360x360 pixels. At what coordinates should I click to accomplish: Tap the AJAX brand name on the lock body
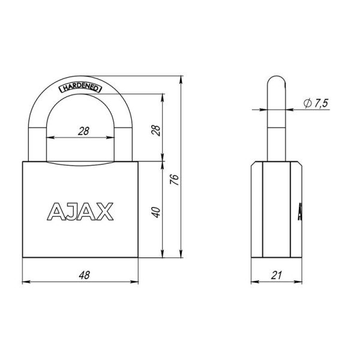80,211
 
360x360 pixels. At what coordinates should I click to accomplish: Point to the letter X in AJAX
106,211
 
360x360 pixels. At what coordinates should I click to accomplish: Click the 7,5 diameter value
320,104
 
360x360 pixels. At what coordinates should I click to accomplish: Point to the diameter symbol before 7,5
306,104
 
